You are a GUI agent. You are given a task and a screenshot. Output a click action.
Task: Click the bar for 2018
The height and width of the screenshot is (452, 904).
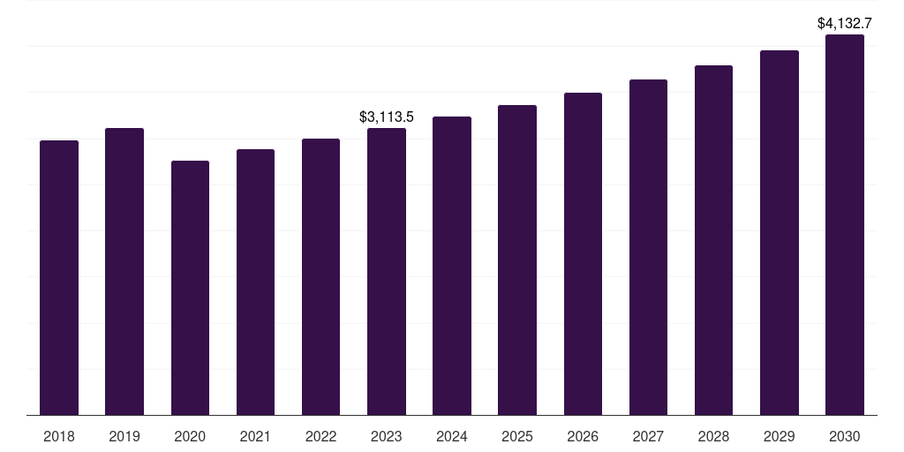click(x=59, y=277)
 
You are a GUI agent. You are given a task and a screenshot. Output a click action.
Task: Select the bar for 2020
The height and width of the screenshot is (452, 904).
click(x=190, y=288)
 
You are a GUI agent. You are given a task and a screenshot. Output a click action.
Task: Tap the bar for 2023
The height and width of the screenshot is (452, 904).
click(x=387, y=271)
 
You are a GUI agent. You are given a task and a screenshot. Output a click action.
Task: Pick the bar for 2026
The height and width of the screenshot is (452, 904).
click(x=583, y=253)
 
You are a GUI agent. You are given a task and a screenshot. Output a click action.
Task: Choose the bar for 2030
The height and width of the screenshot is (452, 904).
click(x=845, y=224)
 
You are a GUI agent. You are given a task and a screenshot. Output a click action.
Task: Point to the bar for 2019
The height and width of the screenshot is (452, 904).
click(x=124, y=271)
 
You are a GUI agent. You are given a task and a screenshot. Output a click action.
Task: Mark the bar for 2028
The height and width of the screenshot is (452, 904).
click(x=713, y=240)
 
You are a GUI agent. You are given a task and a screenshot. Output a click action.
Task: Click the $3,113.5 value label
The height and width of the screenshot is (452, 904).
click(x=387, y=117)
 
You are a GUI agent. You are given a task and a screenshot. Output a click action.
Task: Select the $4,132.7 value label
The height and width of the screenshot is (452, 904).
click(x=845, y=23)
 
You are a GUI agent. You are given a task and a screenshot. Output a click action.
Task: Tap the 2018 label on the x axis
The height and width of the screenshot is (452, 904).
click(x=59, y=436)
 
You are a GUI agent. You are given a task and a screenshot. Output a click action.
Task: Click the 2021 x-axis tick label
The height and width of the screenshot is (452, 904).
click(x=255, y=436)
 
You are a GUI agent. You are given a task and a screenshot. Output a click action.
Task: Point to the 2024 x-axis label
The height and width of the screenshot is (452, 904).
click(x=452, y=436)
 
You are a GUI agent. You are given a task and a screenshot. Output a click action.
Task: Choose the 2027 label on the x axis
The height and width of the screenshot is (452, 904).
click(x=648, y=436)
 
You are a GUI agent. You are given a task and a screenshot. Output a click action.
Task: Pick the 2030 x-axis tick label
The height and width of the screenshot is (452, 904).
click(x=845, y=436)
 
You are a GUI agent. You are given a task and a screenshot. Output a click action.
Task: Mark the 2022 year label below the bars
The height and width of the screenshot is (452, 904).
click(x=320, y=436)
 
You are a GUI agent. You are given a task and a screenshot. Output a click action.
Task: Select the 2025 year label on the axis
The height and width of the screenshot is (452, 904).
click(x=517, y=436)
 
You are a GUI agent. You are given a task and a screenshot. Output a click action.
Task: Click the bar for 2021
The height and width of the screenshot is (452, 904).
click(x=255, y=282)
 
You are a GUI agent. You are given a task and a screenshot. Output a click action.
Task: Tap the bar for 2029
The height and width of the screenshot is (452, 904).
click(x=780, y=232)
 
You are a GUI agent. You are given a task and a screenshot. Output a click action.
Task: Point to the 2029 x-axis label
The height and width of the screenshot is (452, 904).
click(x=780, y=436)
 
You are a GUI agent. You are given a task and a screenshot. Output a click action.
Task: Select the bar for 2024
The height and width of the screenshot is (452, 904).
click(x=452, y=266)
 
